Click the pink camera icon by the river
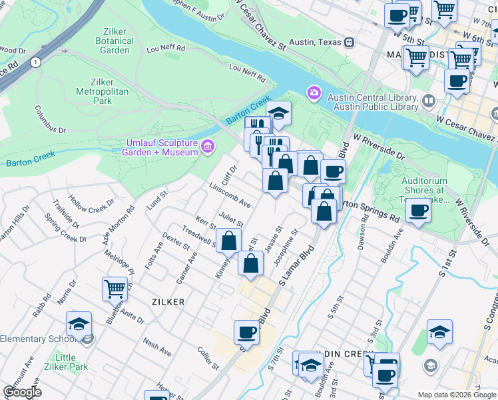coord(313,93)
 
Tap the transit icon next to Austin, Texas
coord(348,41)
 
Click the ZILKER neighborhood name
coord(168,302)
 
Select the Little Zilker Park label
coord(71,362)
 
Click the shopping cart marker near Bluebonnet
coord(114,289)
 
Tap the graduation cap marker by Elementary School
coord(79,324)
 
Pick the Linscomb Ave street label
coord(230,194)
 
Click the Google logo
coord(22,392)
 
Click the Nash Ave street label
coord(157,347)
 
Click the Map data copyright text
coord(456,394)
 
